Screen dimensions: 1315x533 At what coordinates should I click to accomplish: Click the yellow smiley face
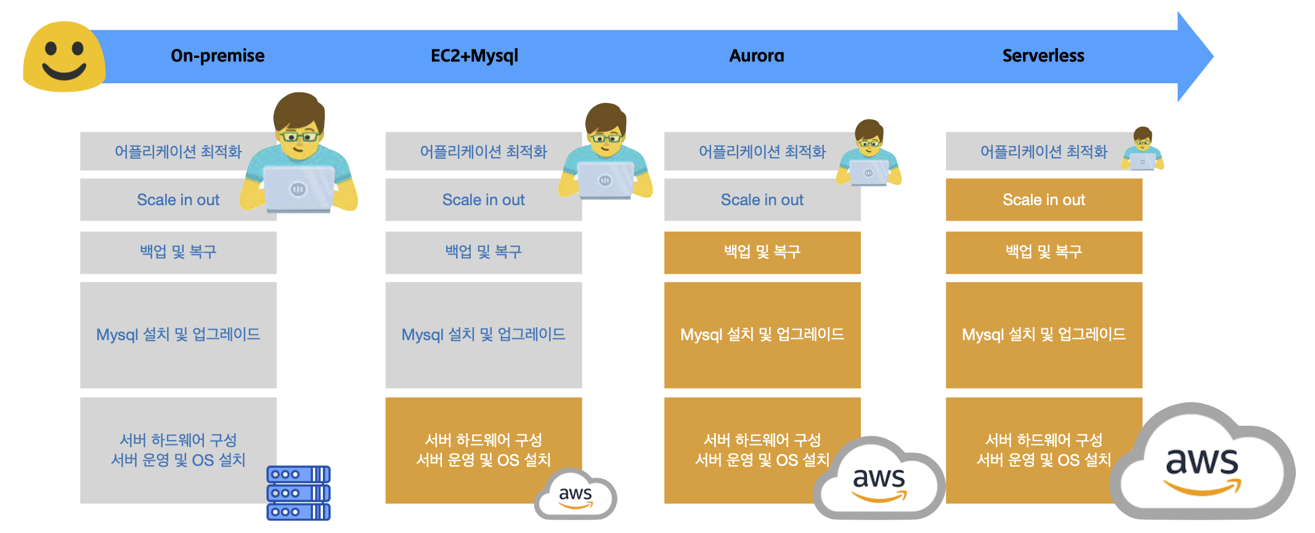click(64, 57)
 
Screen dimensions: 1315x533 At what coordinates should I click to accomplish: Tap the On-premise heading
click(218, 56)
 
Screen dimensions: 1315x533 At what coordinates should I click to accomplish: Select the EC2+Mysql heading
click(474, 56)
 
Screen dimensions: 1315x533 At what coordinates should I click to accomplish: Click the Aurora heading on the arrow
click(757, 56)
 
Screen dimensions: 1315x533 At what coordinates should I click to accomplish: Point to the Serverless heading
click(1043, 56)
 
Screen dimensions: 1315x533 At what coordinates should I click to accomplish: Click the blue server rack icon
click(298, 493)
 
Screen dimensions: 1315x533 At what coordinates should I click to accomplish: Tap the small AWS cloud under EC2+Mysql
click(576, 495)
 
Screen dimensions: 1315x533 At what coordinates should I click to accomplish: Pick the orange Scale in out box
click(1044, 200)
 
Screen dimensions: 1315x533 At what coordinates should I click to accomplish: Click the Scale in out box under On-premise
click(178, 200)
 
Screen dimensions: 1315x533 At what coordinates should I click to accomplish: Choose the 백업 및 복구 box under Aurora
click(762, 252)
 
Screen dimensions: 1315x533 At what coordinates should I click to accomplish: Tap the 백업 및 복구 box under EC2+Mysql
click(484, 252)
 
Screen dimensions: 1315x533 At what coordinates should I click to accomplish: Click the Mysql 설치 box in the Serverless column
click(1044, 335)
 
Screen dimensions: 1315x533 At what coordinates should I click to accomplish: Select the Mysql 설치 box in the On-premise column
click(178, 335)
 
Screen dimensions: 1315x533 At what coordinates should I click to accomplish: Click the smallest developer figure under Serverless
click(1143, 150)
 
